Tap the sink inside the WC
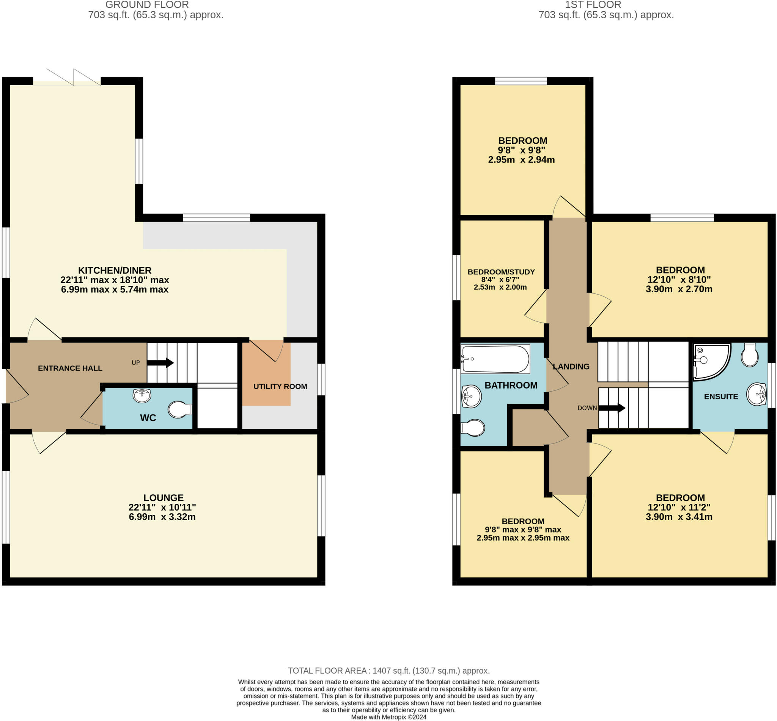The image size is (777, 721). (142, 395)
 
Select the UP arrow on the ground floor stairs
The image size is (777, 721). (160, 363)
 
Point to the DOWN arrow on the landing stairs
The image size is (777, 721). (612, 409)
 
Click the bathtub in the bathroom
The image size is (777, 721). (495, 359)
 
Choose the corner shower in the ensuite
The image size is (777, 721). (709, 361)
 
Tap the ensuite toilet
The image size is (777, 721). (750, 355)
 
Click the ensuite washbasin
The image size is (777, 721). (756, 394)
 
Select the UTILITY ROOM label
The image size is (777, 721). (280, 387)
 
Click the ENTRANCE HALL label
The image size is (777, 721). (70, 368)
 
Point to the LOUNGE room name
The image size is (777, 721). (163, 498)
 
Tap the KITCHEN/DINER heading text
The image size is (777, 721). (115, 270)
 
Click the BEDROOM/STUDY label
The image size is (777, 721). (501, 272)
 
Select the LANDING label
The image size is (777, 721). (571, 367)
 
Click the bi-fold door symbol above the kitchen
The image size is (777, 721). (73, 77)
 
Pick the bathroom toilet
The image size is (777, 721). (473, 428)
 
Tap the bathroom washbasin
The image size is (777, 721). (471, 397)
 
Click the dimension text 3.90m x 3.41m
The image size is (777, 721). (679, 517)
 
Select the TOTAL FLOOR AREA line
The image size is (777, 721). (388, 670)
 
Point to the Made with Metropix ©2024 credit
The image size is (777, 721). (388, 717)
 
